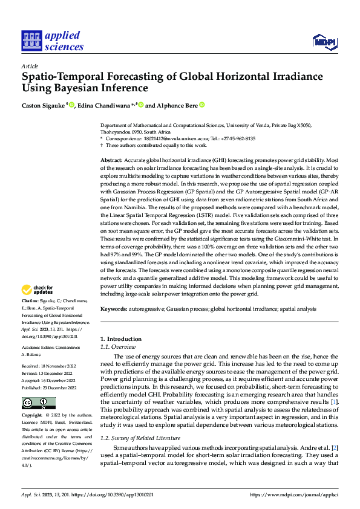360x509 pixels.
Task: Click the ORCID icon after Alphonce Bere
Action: tap(202, 105)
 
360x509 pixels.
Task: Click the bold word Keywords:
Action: tap(114, 309)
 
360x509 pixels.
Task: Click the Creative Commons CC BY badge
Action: tap(38, 403)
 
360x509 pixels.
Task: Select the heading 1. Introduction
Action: tap(120, 339)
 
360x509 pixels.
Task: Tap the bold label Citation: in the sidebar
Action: tap(30, 300)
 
